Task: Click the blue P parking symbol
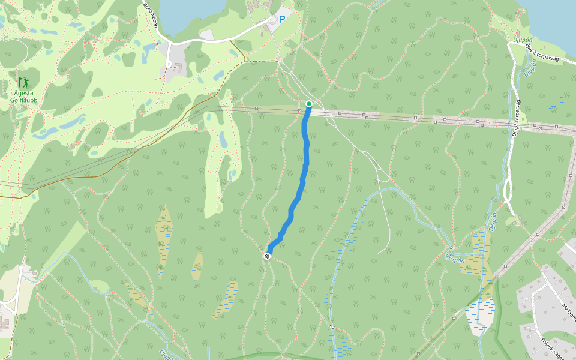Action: coord(281,19)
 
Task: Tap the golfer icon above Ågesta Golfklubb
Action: coord(23,82)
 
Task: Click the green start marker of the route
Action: coord(309,104)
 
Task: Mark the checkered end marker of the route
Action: coord(267,256)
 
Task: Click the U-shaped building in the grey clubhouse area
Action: coord(174,70)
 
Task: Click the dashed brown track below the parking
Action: coord(262,61)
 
